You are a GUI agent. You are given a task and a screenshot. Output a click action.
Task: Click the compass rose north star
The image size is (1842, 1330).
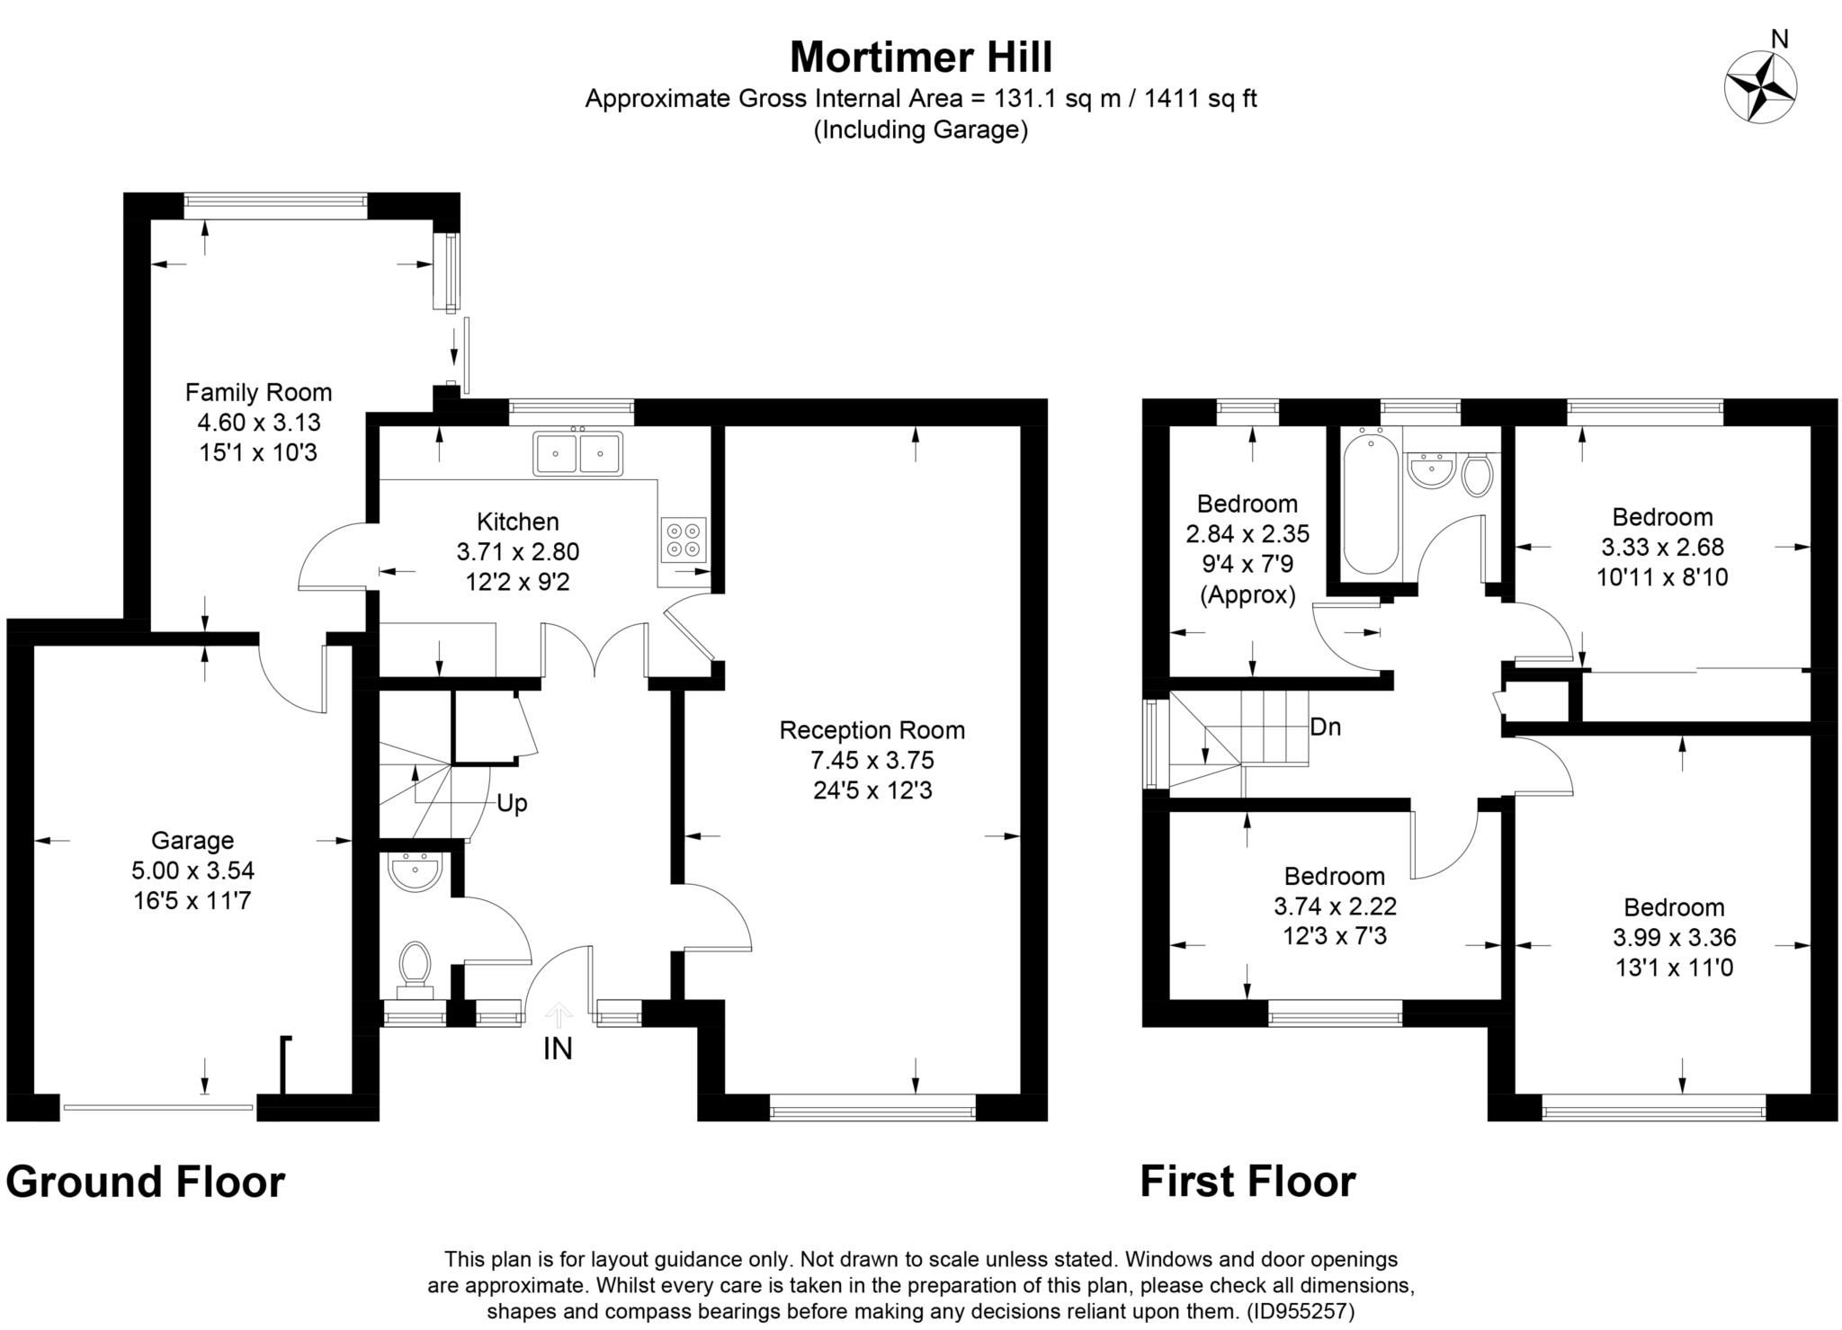pos(1760,87)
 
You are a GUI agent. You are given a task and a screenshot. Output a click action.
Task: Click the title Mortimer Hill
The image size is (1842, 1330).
pos(920,57)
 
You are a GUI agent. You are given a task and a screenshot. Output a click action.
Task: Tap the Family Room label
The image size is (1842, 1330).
pos(258,392)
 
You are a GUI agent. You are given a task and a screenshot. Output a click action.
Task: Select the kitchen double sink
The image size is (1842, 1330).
pos(577,453)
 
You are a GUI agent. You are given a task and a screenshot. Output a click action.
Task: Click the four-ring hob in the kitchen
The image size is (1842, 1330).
pos(683,539)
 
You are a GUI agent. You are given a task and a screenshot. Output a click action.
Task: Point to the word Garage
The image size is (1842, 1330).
pos(192,840)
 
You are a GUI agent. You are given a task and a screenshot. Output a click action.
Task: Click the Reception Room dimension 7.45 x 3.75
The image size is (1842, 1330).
pos(872,761)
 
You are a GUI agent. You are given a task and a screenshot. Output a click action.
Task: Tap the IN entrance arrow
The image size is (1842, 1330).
pos(559,1016)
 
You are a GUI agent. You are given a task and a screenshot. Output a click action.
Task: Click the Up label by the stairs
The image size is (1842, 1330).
pos(512,803)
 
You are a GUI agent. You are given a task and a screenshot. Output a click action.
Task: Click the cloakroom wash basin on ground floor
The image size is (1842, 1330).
pos(415,871)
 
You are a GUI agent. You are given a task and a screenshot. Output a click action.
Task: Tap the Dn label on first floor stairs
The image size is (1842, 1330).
pos(1325,727)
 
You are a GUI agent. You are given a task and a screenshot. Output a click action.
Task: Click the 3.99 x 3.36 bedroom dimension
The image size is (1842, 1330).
pos(1674,938)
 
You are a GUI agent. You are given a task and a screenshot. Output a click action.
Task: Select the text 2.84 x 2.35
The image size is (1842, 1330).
pos(1247,534)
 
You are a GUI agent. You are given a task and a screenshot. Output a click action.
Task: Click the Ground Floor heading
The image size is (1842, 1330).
pos(146,1182)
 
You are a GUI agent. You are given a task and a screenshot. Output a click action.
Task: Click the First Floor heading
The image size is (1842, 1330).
pos(1247,1182)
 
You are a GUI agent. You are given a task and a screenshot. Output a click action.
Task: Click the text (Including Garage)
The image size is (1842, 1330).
pos(920,130)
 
